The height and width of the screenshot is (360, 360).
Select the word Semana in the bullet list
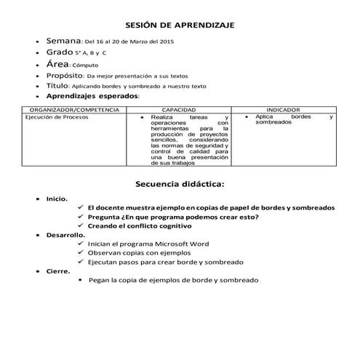pos(63,41)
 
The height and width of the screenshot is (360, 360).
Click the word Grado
pos(59,53)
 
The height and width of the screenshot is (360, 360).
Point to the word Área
pos(57,64)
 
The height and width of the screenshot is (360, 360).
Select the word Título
pos(57,85)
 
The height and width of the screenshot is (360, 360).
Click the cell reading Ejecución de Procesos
pos(51,116)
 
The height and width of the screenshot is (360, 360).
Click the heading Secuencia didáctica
pos(180,183)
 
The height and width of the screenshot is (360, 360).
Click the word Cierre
pos(58,271)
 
